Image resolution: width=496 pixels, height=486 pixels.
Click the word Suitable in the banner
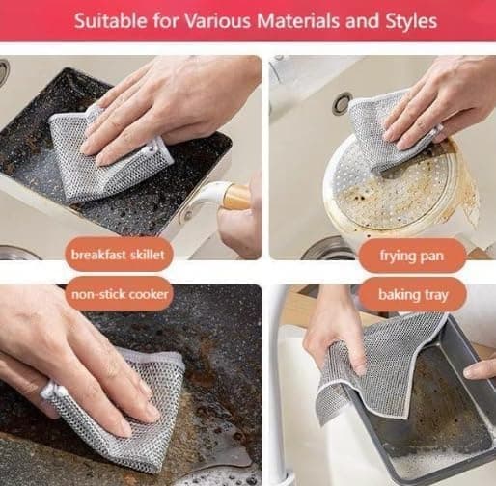pos(110,21)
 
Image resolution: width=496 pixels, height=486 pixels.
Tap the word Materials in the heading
pos(298,21)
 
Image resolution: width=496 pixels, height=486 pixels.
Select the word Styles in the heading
pos(411,22)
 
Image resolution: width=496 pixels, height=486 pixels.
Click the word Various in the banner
pos(217,21)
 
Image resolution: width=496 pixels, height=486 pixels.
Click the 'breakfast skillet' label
pos(118,255)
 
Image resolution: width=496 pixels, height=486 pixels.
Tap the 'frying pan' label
pos(412,256)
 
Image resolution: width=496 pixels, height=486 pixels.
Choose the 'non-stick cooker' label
pos(120,294)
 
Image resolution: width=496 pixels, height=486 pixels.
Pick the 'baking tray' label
pos(413,295)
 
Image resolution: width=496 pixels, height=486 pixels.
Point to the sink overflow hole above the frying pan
pos(343,103)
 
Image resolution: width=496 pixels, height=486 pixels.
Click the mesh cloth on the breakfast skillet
pos(108,154)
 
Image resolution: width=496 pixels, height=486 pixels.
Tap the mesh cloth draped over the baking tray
pos(379,366)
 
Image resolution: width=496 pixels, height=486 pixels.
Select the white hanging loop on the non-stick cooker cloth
pos(51,391)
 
